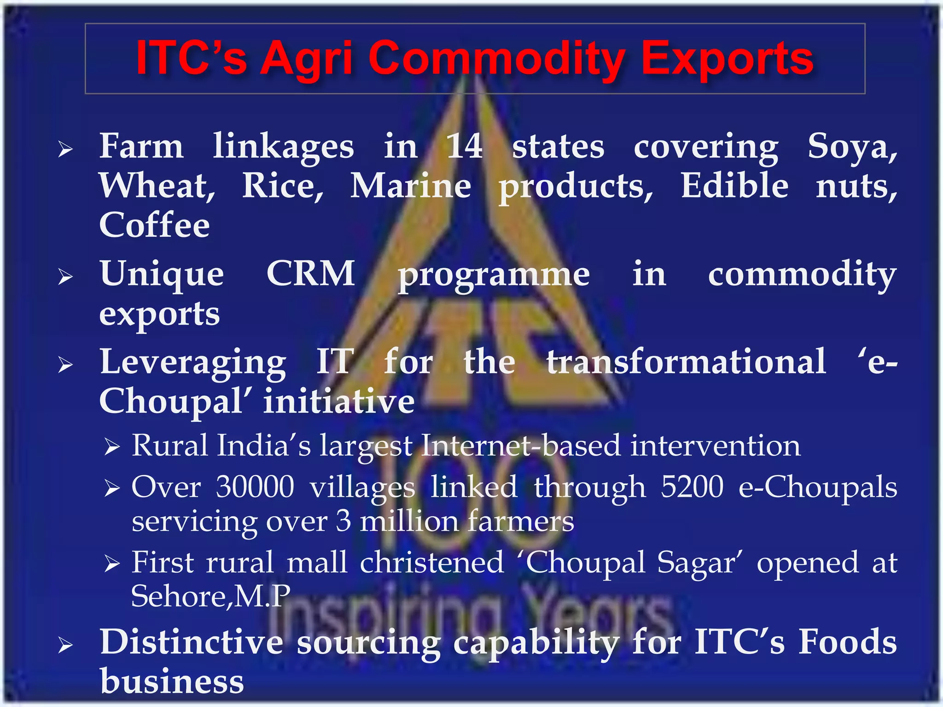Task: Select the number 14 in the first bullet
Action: (465, 146)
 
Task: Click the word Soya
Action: (852, 146)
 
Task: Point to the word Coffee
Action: (155, 225)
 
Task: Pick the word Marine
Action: (411, 186)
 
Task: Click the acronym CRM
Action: (311, 273)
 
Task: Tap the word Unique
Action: (162, 274)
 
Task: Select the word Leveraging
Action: (193, 363)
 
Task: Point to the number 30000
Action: (255, 487)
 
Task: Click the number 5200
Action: (692, 487)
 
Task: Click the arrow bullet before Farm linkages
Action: (65, 149)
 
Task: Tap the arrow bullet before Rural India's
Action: (112, 446)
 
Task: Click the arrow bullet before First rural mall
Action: (112, 563)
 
